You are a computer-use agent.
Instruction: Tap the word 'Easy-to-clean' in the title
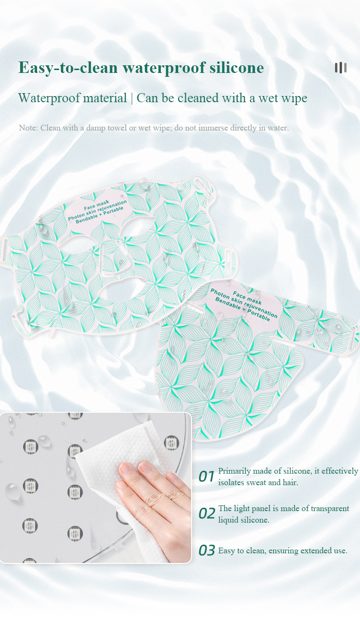tap(60, 68)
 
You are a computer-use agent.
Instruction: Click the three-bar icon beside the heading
tap(340, 68)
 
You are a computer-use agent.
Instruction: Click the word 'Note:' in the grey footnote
tap(28, 128)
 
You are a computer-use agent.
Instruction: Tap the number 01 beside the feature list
tap(206, 477)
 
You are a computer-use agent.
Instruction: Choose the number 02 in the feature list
tap(206, 514)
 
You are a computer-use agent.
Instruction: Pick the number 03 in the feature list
tap(206, 550)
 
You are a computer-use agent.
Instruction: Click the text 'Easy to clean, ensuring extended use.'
tap(282, 550)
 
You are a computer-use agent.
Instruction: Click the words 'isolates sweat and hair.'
tap(258, 482)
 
